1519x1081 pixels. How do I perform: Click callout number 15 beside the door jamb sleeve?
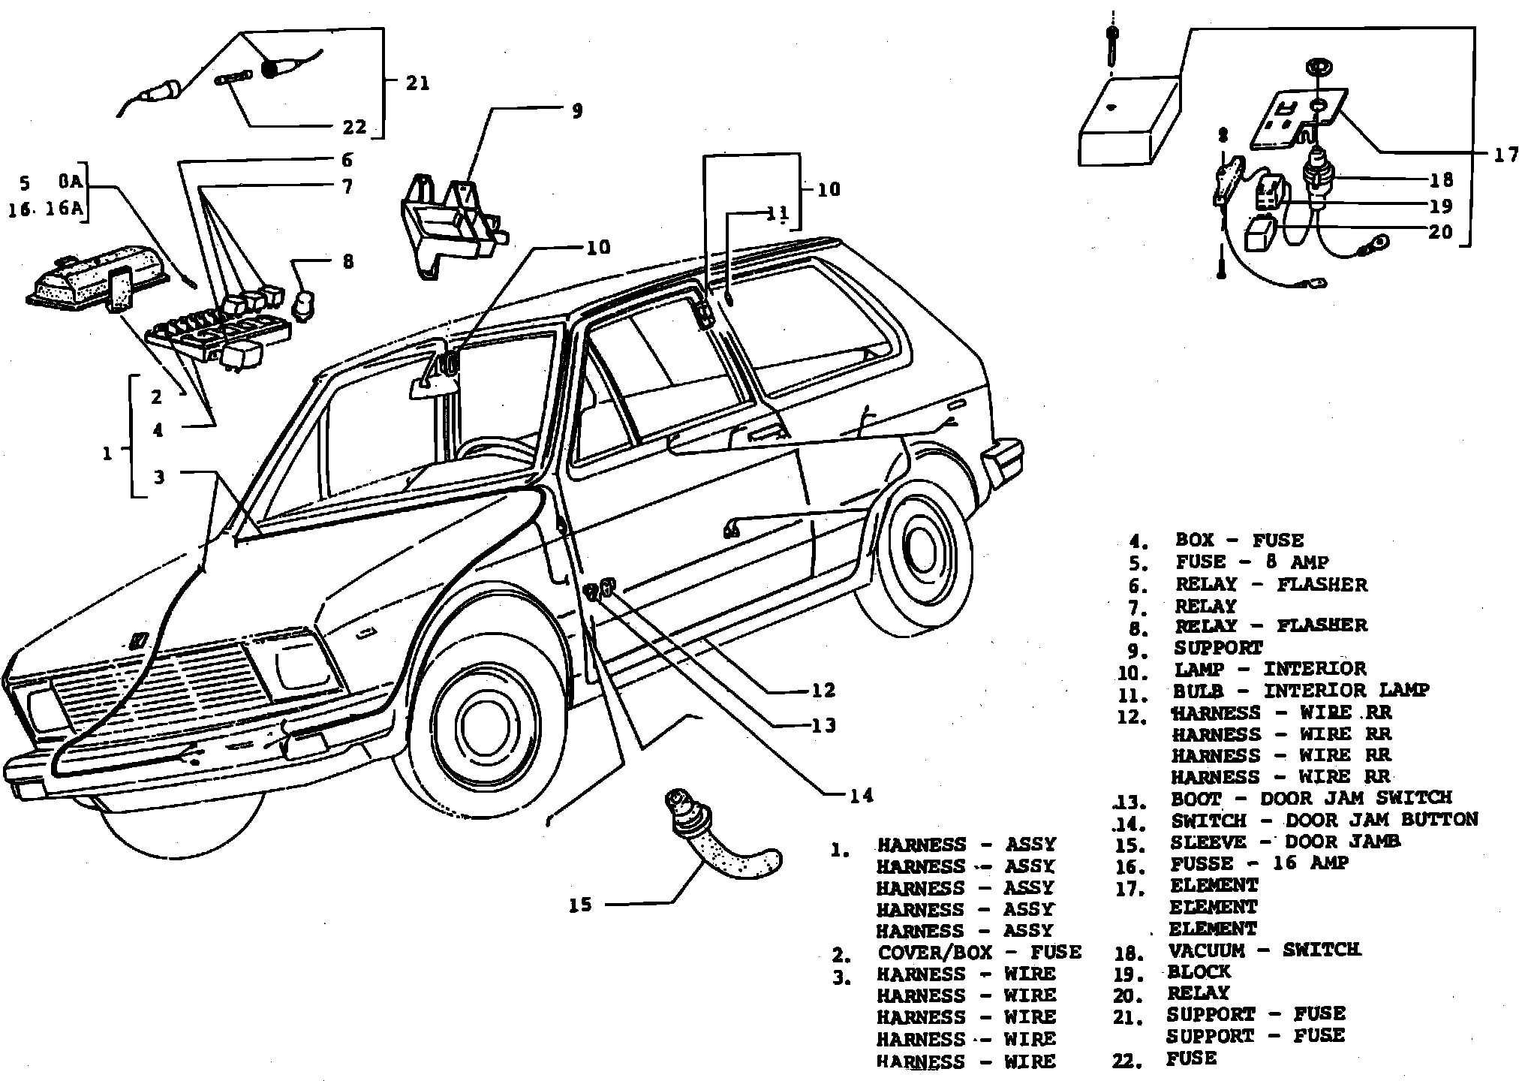580,905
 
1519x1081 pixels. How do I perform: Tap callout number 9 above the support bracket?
576,111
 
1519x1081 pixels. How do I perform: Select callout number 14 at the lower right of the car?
862,795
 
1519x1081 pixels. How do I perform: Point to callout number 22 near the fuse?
354,127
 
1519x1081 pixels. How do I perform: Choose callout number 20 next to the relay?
1440,232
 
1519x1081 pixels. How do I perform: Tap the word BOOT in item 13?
1196,799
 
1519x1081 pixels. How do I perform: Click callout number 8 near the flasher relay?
348,262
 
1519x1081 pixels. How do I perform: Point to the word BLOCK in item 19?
1199,972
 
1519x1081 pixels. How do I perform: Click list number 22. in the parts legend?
1128,1061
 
